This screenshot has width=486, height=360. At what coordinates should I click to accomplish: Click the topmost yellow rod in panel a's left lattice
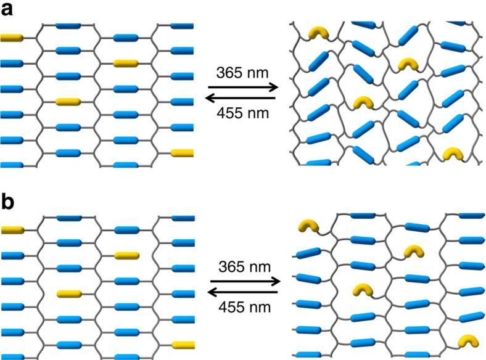click(11, 38)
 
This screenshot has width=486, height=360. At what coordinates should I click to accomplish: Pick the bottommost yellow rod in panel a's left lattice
click(183, 152)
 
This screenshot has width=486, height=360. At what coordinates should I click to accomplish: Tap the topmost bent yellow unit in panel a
click(318, 33)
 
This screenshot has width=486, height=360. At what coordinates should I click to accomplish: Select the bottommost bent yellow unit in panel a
click(453, 154)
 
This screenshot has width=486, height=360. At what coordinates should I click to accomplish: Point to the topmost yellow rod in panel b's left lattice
click(11, 231)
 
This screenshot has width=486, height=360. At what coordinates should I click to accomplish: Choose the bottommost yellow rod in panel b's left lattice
click(183, 345)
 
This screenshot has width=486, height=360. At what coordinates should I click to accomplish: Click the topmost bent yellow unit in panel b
click(308, 227)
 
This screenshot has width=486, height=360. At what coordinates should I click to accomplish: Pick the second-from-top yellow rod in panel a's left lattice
click(126, 63)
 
